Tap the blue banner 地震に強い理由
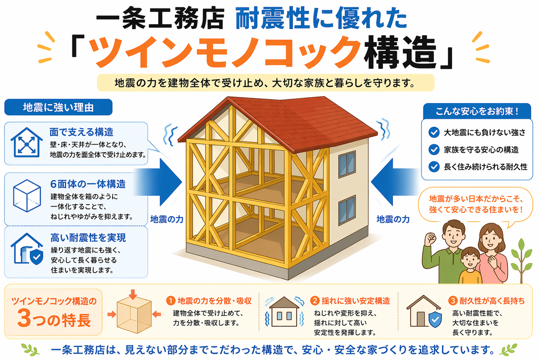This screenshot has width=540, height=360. [x=58, y=107]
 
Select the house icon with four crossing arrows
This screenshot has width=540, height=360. [x=27, y=142]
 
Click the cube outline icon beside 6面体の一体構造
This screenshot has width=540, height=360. [x=27, y=196]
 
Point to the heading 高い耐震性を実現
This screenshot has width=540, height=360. [x=88, y=238]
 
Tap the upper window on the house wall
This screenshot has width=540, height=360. [x=347, y=164]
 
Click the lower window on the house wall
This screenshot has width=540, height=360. [x=347, y=210]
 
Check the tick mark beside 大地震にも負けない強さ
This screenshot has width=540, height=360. [x=434, y=132]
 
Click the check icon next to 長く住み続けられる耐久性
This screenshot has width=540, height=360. [x=434, y=166]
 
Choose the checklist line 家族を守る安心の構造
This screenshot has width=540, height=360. [x=481, y=150]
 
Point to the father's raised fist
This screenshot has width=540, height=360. [x=431, y=238]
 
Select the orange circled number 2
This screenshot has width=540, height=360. [x=315, y=301]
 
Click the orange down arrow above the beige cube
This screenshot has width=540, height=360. [x=133, y=294]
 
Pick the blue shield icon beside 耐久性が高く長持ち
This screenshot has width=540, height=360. [x=435, y=319]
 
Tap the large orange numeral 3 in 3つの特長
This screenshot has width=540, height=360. [x=24, y=318]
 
